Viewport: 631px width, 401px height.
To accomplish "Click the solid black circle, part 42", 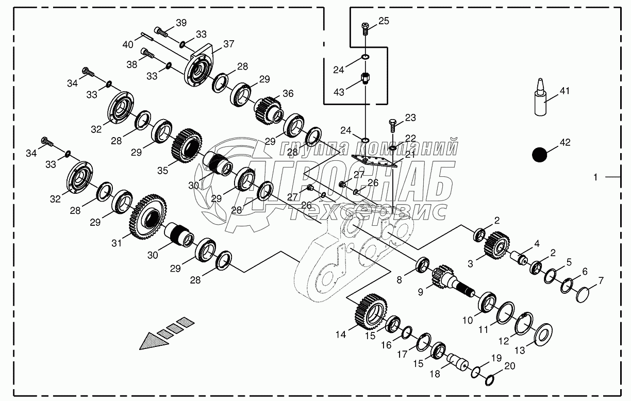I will [x=540, y=154].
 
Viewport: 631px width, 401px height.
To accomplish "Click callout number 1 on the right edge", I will [x=595, y=177].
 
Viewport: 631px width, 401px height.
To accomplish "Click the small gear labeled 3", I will [x=497, y=244].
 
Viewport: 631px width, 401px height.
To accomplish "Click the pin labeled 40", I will [x=145, y=36].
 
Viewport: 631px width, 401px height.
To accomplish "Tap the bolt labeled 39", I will [x=162, y=32].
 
